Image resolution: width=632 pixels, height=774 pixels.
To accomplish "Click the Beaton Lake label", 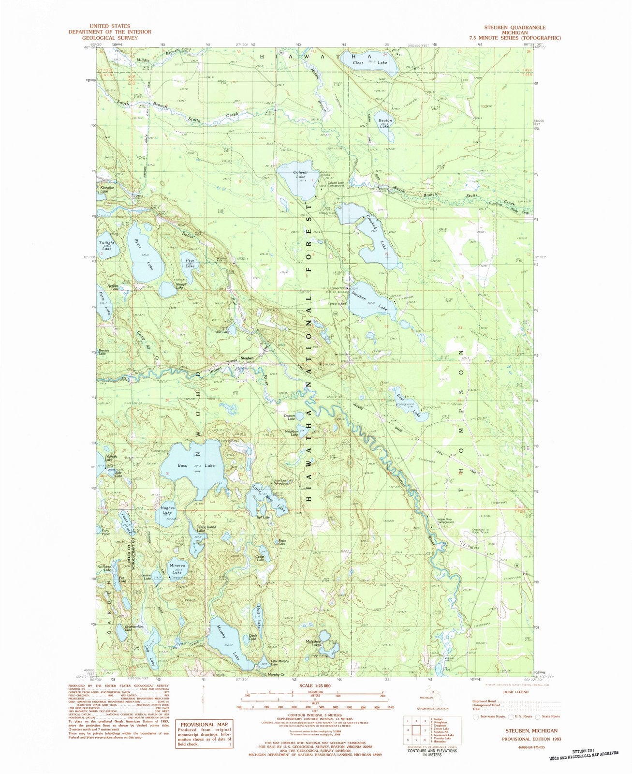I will pyautogui.click(x=385, y=123).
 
